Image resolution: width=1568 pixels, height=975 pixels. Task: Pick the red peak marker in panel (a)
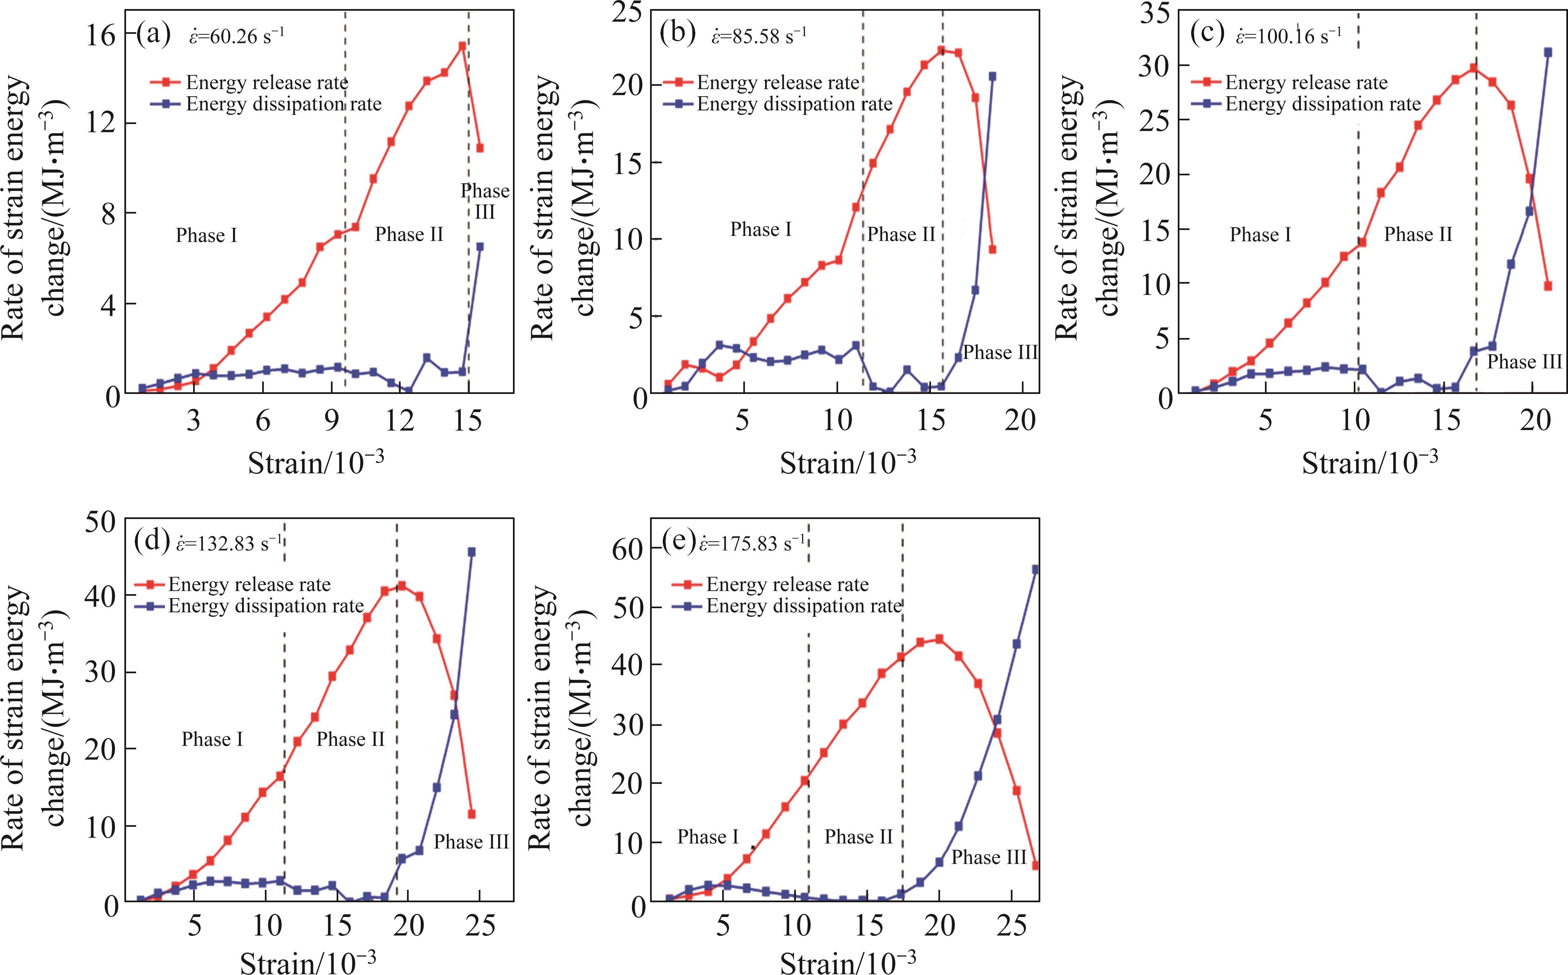[x=462, y=46]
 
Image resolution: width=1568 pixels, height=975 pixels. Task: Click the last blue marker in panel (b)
[x=992, y=76]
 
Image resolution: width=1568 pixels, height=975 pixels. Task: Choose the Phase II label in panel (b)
[x=901, y=234]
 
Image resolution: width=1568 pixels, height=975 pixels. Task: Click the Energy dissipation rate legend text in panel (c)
[x=1323, y=104]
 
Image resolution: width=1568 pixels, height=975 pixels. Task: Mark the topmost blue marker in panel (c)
[x=1547, y=52]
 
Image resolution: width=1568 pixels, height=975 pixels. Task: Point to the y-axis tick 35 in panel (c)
[x=1155, y=13]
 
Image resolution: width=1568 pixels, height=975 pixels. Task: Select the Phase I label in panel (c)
[x=1261, y=234]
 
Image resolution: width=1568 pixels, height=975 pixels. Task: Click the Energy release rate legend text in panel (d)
[x=249, y=584]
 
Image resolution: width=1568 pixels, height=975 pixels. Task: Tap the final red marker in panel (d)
[x=471, y=814]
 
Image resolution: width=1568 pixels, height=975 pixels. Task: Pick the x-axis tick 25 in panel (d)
[x=480, y=926]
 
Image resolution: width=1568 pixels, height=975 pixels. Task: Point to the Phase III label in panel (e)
[x=988, y=857]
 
